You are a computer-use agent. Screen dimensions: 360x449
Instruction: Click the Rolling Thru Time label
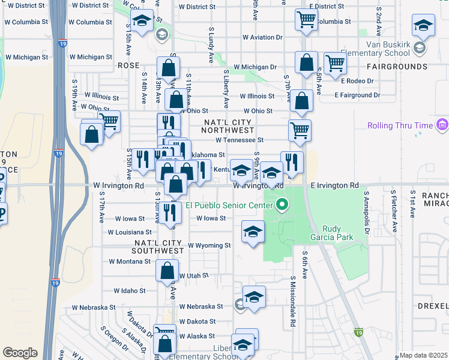[398, 125]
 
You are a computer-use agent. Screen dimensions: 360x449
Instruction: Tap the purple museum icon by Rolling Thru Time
[443, 125]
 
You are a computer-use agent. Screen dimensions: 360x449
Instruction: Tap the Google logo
[20, 353]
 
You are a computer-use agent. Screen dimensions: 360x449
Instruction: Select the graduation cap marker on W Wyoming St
[253, 232]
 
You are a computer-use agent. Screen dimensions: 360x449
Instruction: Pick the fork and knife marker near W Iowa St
[171, 212]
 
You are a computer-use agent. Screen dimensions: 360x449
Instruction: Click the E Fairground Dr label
[357, 95]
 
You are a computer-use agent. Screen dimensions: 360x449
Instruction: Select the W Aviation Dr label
[262, 37]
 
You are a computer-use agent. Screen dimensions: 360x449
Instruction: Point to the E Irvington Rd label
[334, 185]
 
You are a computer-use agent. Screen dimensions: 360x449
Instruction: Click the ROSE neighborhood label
[128, 65]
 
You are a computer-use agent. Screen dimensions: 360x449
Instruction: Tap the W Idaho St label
[127, 291]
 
